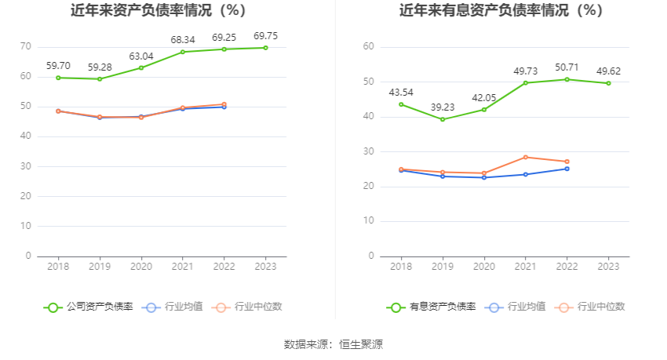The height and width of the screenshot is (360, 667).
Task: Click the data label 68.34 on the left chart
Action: tap(183, 39)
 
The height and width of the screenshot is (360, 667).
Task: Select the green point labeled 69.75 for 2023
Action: tap(265, 48)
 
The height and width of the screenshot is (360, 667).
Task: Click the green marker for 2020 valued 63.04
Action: tap(141, 67)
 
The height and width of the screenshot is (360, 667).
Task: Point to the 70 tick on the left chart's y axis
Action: tap(26, 47)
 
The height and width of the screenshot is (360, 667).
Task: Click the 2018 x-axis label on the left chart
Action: tap(58, 267)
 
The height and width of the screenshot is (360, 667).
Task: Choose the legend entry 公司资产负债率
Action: tap(89, 307)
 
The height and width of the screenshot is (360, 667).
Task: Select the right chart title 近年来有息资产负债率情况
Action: tap(501, 11)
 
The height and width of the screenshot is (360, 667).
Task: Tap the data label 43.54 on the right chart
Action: tap(401, 93)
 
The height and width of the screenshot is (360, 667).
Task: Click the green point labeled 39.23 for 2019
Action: tap(443, 119)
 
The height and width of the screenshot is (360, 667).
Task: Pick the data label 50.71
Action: tap(567, 67)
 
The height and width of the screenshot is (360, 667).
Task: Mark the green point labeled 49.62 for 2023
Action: tap(608, 83)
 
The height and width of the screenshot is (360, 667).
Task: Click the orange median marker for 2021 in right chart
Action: tap(526, 157)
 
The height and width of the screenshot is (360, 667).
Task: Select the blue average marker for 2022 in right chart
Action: tap(567, 169)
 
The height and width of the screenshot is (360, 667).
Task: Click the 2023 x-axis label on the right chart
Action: tap(608, 267)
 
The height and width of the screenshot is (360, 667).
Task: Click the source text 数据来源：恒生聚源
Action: tap(333, 344)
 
